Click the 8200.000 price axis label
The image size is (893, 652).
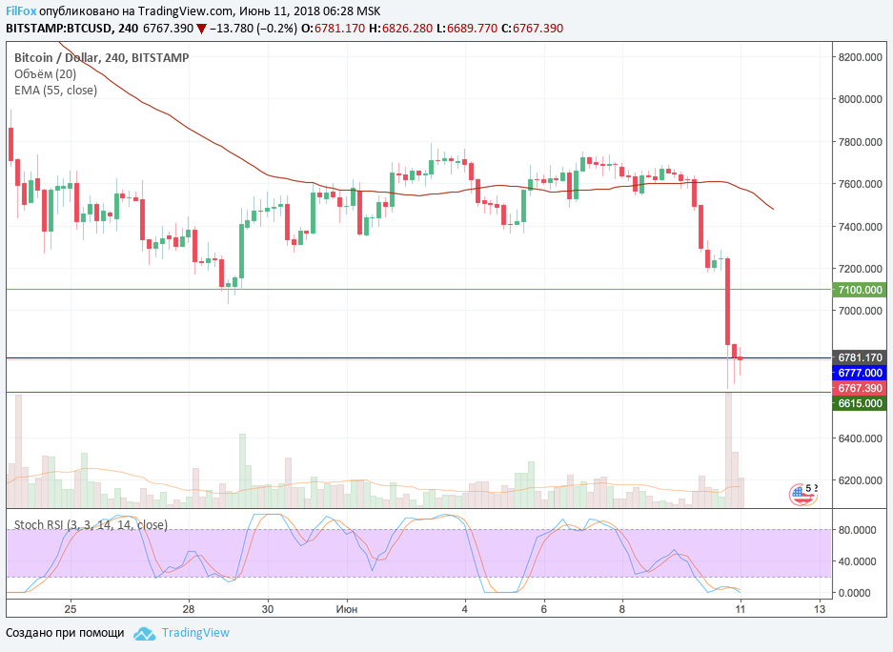(x=862, y=57)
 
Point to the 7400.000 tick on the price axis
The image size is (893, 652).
(x=862, y=227)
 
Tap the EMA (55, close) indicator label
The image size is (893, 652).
(x=55, y=90)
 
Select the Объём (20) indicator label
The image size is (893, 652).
(x=45, y=73)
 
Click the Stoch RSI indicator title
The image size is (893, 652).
(x=91, y=524)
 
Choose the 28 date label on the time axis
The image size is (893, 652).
(x=189, y=607)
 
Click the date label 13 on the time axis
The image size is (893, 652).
(x=819, y=607)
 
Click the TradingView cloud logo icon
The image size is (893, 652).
(x=145, y=633)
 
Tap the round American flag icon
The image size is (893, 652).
(x=802, y=494)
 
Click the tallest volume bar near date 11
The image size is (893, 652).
(x=729, y=448)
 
